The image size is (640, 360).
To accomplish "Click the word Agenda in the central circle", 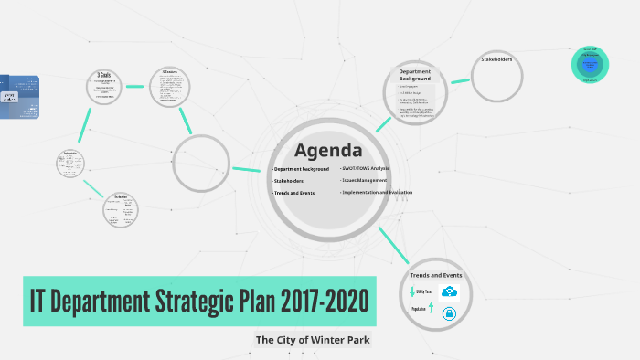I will click(x=328, y=151).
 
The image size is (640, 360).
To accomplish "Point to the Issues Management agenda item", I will click(x=364, y=181).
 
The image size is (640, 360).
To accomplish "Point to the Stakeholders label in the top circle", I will click(x=496, y=60).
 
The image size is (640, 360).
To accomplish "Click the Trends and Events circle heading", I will click(x=436, y=275).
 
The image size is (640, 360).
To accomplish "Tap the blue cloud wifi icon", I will click(x=449, y=292).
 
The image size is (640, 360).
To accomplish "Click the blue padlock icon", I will click(x=449, y=314).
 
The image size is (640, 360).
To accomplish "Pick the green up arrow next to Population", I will click(x=432, y=310).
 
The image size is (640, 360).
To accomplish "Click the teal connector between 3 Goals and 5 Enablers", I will click(x=136, y=87).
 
